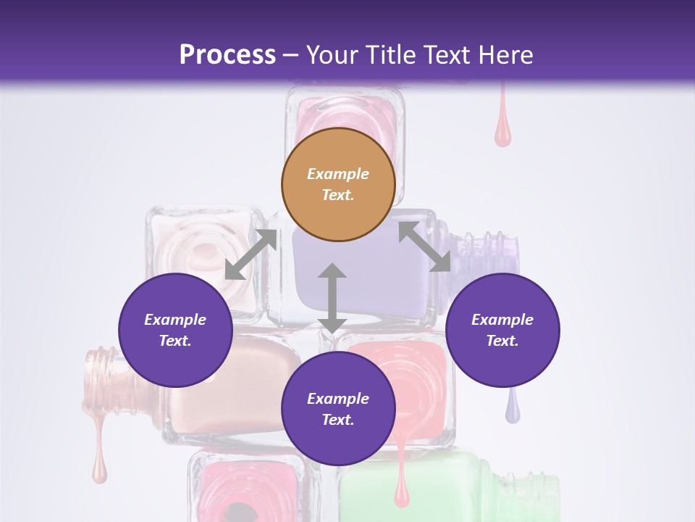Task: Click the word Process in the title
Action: pos(227,55)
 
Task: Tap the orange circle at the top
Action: pos(338,184)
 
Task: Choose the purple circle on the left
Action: pos(175,330)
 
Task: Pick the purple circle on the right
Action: pos(502,330)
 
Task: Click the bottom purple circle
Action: pos(338,409)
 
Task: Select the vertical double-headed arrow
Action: pos(332,298)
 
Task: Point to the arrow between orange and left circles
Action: pos(250,254)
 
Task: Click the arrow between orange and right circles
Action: pos(425,246)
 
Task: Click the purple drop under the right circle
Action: pos(513,409)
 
